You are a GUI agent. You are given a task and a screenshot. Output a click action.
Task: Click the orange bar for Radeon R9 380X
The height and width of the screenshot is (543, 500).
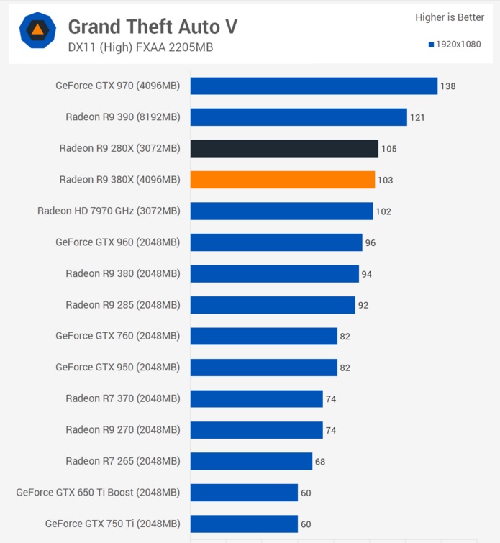(x=283, y=180)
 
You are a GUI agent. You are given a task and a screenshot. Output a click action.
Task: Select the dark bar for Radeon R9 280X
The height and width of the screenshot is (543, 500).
(x=284, y=148)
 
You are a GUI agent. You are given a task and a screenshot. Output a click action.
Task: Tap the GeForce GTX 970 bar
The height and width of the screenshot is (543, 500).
(x=314, y=86)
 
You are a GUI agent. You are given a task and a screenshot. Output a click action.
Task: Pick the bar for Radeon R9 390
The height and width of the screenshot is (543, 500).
(x=299, y=117)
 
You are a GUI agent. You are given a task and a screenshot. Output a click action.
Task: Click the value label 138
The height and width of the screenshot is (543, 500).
(x=448, y=86)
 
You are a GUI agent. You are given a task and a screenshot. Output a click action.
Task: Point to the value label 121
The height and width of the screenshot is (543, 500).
(x=417, y=117)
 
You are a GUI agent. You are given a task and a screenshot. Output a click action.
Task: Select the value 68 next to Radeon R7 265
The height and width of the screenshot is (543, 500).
(x=320, y=461)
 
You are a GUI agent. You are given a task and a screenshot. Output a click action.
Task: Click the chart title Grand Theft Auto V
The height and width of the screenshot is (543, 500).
(x=153, y=27)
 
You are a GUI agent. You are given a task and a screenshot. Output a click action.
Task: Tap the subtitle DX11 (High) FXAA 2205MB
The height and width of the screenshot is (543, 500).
(x=140, y=47)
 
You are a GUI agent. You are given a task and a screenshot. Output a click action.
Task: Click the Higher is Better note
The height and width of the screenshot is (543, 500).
(x=450, y=17)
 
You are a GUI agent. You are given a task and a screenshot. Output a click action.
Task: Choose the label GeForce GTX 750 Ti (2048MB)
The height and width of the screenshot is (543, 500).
(x=112, y=524)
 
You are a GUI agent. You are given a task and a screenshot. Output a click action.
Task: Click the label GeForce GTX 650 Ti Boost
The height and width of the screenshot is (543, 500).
(x=98, y=493)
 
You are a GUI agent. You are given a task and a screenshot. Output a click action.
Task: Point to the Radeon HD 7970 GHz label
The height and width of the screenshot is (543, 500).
(x=109, y=211)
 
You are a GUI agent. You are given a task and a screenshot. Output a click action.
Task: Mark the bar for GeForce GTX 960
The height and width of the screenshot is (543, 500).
(x=276, y=242)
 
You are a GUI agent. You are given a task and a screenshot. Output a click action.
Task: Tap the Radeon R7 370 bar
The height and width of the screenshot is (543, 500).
(x=257, y=398)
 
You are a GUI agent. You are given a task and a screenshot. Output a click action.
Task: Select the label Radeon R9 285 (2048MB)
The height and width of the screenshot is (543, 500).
(x=122, y=304)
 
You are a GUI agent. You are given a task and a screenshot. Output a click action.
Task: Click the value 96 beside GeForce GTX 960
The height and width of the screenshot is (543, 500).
(x=371, y=242)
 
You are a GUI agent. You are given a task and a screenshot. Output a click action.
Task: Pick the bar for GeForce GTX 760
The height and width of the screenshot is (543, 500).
(x=264, y=336)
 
